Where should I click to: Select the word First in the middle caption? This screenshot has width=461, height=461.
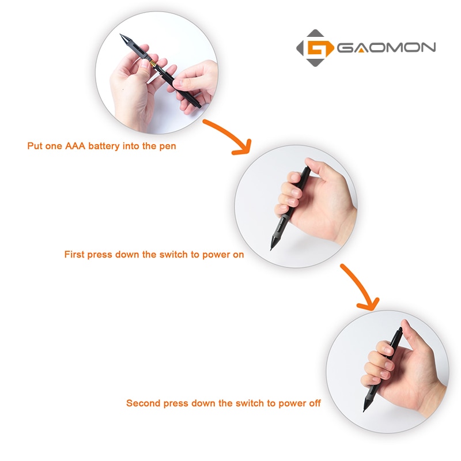[74, 254]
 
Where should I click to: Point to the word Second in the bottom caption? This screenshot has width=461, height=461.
[142, 403]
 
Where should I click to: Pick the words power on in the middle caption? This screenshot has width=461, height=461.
[222, 254]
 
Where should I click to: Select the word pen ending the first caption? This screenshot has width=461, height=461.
[168, 146]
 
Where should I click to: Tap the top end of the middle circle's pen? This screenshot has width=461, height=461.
[307, 169]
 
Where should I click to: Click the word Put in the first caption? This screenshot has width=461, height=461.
[35, 146]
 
